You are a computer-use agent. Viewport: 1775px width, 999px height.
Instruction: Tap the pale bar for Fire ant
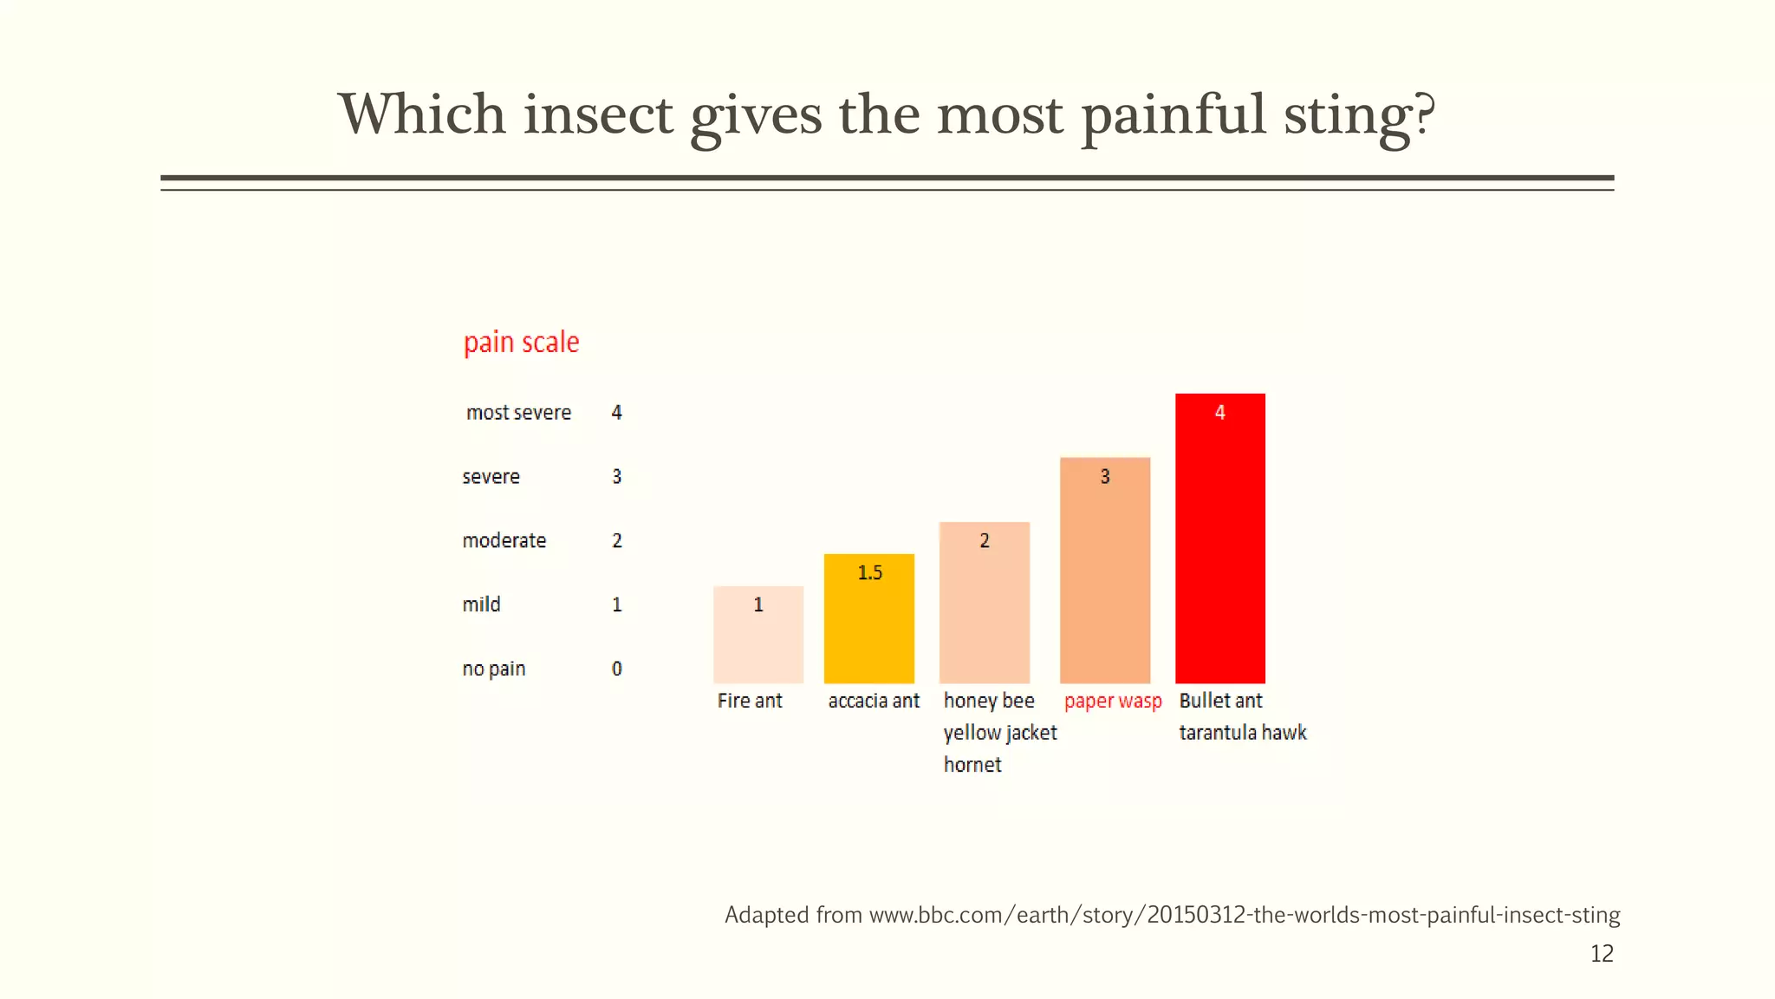758,642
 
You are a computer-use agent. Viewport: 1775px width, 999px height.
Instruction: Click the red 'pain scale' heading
521,343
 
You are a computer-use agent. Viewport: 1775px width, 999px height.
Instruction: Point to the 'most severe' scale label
518,413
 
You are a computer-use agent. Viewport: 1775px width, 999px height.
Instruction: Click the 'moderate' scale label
504,541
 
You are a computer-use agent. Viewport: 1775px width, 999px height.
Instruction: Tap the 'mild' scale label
481,604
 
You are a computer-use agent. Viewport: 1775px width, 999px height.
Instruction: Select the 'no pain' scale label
494,669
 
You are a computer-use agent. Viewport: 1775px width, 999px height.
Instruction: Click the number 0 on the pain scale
617,669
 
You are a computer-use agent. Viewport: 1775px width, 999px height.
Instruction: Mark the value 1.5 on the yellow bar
869,572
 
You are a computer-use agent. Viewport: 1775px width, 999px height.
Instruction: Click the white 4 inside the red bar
1219,413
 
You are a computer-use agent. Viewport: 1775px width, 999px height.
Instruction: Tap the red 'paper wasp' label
1113,701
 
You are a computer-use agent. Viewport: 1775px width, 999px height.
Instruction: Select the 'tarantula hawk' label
1242,733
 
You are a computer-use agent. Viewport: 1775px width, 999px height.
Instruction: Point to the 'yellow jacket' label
1000,733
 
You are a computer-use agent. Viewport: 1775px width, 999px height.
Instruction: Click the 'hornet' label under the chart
972,765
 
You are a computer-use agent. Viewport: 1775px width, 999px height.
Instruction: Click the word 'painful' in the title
1174,115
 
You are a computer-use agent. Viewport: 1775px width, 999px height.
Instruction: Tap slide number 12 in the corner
1602,954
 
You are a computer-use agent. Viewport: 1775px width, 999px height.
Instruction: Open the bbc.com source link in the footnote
1245,915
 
